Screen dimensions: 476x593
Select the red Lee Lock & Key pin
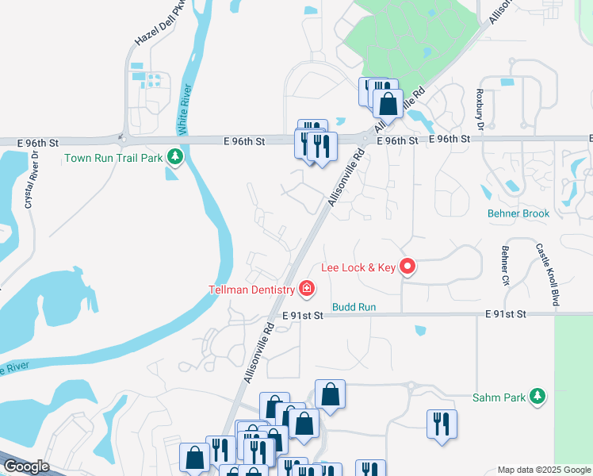click(407, 267)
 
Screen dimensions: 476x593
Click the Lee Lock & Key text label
click(358, 267)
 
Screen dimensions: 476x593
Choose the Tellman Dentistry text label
click(251, 290)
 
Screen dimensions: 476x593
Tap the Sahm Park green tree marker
click(538, 397)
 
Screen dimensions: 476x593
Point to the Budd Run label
click(354, 306)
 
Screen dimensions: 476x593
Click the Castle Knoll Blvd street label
click(543, 274)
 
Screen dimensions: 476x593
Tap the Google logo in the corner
click(26, 466)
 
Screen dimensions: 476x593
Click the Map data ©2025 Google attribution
click(544, 470)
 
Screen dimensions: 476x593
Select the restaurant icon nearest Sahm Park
click(442, 424)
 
